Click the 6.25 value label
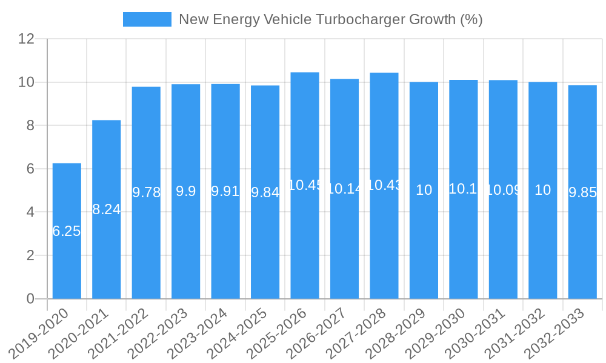(67, 231)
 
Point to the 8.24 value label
(107, 209)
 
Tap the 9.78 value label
(146, 192)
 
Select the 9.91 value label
(225, 191)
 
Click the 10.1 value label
(464, 189)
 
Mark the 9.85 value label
(582, 192)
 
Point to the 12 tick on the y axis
(27, 39)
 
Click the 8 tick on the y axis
(30, 126)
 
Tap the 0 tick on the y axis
(30, 299)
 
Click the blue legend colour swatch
(147, 19)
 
